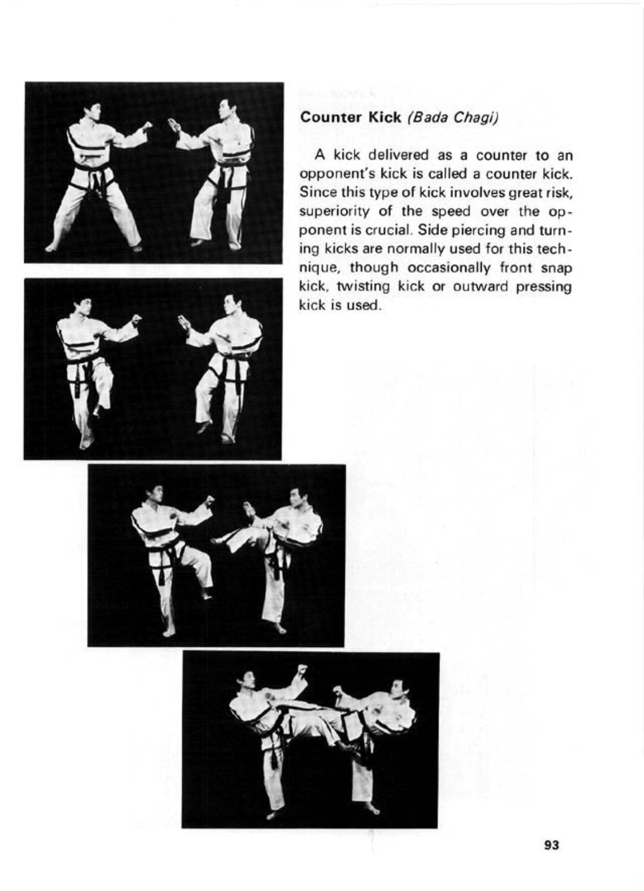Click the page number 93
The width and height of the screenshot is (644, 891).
pos(551,845)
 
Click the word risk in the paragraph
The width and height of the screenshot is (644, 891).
pos(561,192)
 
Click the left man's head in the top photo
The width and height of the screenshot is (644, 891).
pos(92,109)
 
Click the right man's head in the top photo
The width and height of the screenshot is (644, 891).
pos(227,108)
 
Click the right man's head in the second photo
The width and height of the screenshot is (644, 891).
pos(232,303)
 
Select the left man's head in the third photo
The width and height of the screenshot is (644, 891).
pos(154,494)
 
